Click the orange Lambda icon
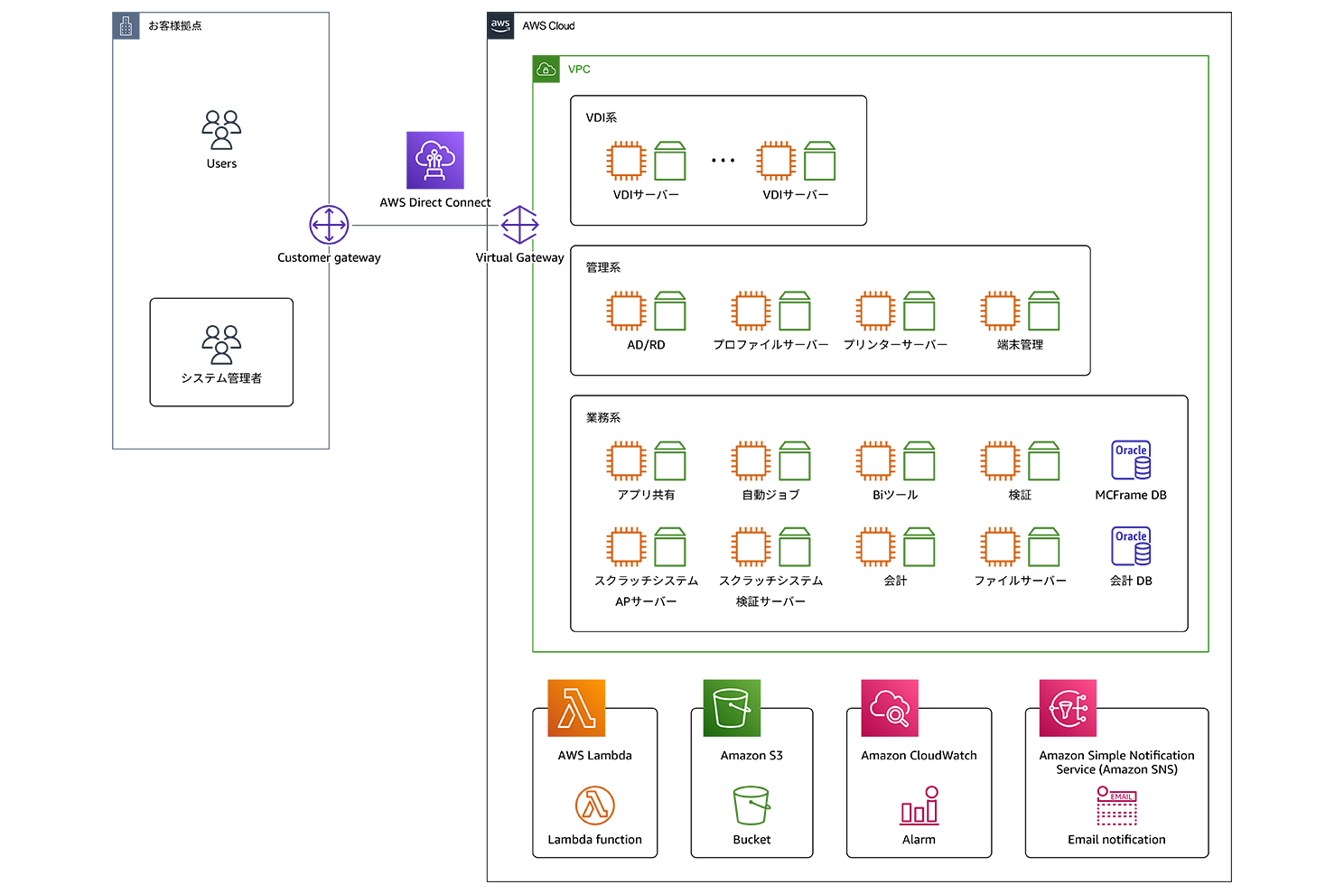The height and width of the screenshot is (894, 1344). click(x=576, y=707)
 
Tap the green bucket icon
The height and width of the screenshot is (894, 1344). click(x=732, y=707)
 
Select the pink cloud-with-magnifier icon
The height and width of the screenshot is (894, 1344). click(x=889, y=707)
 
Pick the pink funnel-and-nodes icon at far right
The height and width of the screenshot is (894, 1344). click(x=1068, y=707)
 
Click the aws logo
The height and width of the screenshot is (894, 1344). click(x=500, y=25)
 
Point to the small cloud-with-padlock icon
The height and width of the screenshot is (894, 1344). click(x=546, y=70)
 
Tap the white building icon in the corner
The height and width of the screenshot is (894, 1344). click(x=126, y=27)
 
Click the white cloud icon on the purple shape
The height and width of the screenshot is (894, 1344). click(x=434, y=159)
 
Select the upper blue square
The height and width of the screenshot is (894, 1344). click(x=1126, y=448)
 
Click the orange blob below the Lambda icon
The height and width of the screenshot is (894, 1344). click(x=593, y=802)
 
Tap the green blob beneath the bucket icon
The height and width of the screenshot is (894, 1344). click(x=751, y=802)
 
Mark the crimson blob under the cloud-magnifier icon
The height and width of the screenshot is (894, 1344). click(x=919, y=804)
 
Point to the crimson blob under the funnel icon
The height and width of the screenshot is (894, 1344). click(x=1118, y=804)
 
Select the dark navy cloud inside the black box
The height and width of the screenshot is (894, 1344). click(x=221, y=340)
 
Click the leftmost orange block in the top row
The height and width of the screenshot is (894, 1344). click(x=620, y=153)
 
